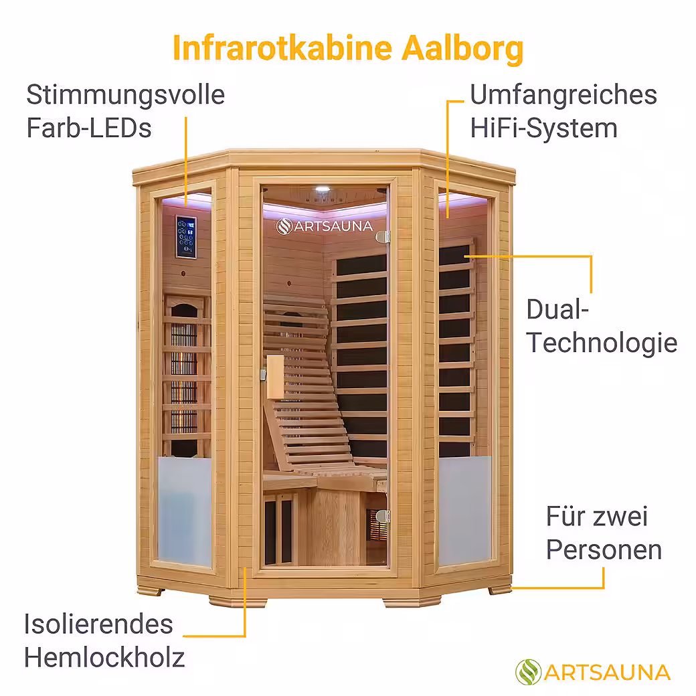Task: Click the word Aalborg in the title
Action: pyautogui.click(x=462, y=49)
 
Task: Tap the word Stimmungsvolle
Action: pyautogui.click(x=125, y=95)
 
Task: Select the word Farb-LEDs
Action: pyautogui.click(x=89, y=128)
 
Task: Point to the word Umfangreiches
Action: pyautogui.click(x=563, y=95)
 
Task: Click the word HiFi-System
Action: pyautogui.click(x=543, y=128)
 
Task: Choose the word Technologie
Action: pyautogui.click(x=602, y=343)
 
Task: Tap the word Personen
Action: pyautogui.click(x=604, y=550)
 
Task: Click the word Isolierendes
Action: pyautogui.click(x=99, y=624)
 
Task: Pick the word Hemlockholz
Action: pyautogui.click(x=104, y=658)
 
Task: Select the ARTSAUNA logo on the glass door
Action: pyautogui.click(x=325, y=226)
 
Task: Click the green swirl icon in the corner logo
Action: pyautogui.click(x=528, y=672)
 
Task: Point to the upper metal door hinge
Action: pyautogui.click(x=383, y=236)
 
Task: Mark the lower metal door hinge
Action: pyautogui.click(x=383, y=515)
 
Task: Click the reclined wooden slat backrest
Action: pyautogui.click(x=301, y=381)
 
